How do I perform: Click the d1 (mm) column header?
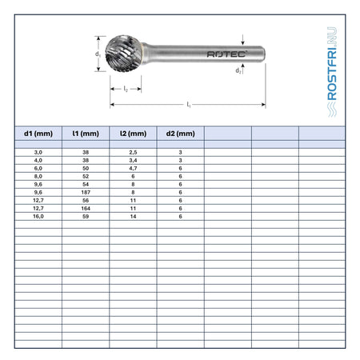click(38, 134)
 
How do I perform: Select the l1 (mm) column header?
click(86, 134)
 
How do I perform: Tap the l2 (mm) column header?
click(133, 134)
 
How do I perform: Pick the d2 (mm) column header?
click(181, 134)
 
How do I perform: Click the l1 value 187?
click(86, 192)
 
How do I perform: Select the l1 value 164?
click(86, 208)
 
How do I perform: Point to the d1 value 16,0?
click(38, 216)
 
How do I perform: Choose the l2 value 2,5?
click(133, 152)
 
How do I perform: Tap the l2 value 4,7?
click(133, 168)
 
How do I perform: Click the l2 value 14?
click(133, 216)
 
